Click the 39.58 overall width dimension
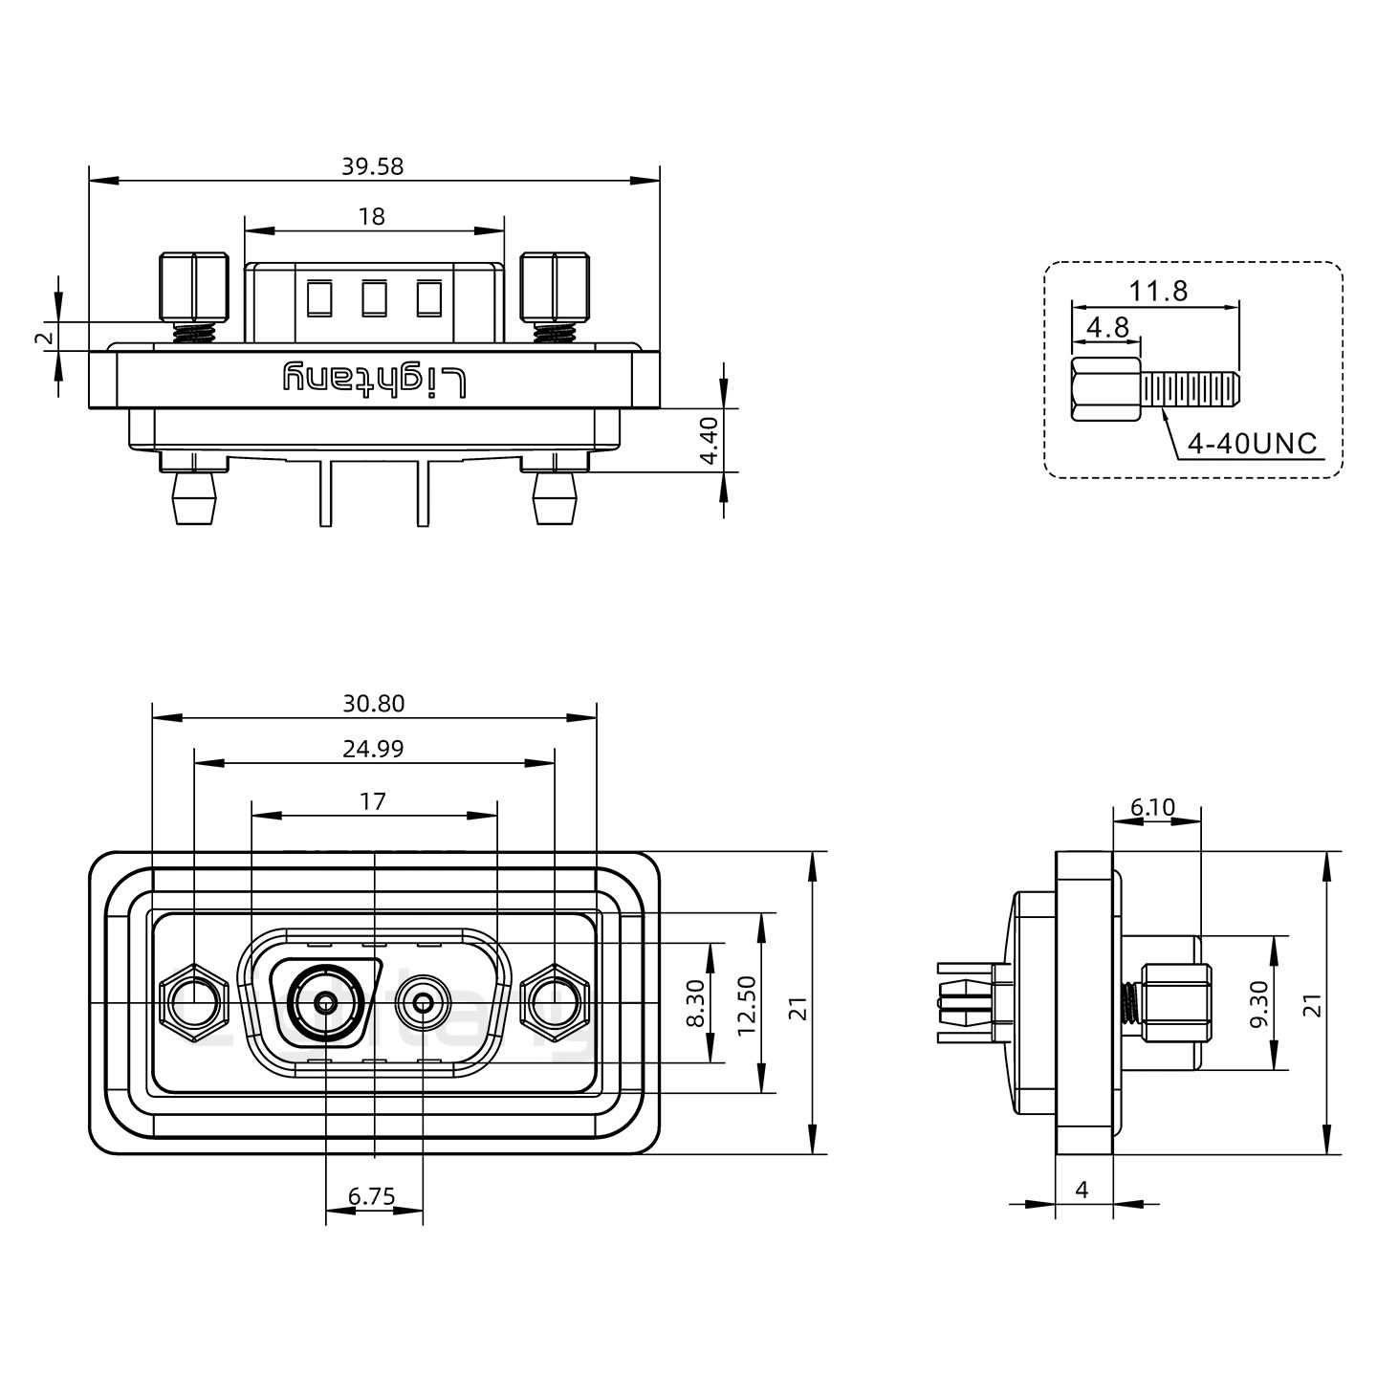coord(372,166)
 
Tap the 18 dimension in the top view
coord(372,216)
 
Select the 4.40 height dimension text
coord(709,440)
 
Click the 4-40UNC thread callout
coord(1252,444)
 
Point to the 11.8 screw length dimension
coord(1158,291)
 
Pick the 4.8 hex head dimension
coord(1107,327)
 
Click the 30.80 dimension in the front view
coord(374,704)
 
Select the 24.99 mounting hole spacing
coord(373,749)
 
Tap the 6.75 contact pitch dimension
coord(372,1195)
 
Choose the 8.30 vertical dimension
coord(695,1002)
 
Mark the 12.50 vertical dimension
coord(747,1005)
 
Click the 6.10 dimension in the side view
coord(1152,807)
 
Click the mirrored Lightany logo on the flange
coord(375,380)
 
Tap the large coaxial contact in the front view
coord(326,1003)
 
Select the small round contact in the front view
coord(423,1003)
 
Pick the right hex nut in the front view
coord(555,1003)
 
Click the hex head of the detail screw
coord(1106,390)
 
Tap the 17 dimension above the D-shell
coord(373,801)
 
